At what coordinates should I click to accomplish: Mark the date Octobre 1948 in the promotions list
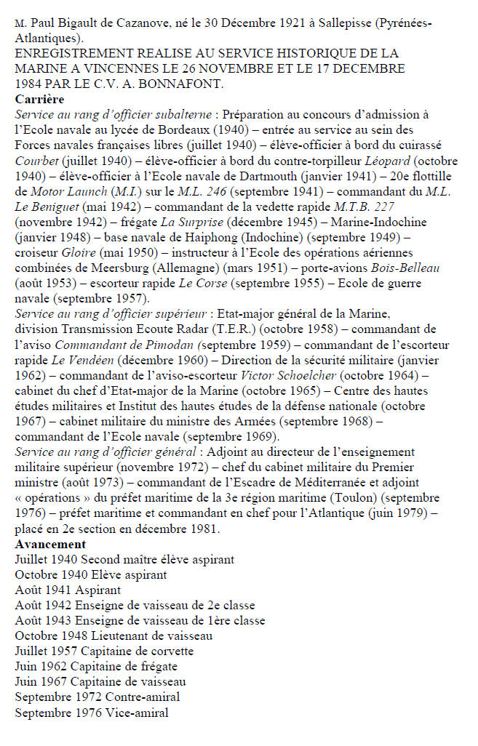coord(46,636)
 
